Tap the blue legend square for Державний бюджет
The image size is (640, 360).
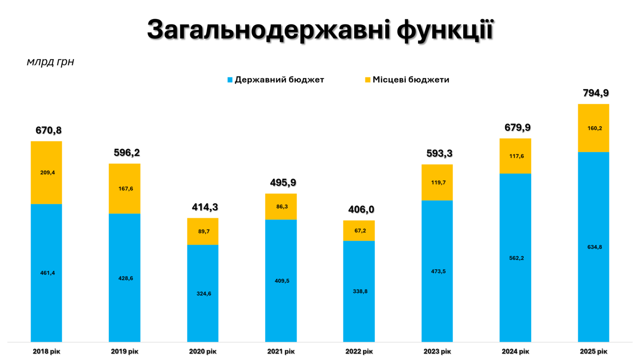pos(230,80)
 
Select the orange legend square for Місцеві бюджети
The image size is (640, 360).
pos(368,80)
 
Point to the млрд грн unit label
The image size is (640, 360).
pos(50,62)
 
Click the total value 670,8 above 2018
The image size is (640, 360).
pos(49,131)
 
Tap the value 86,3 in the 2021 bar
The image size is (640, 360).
pos(281,207)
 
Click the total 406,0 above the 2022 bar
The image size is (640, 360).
pos(361,210)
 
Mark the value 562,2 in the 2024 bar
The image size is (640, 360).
pos(515,258)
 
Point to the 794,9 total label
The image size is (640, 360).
pos(596,94)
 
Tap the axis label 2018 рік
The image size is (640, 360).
pos(46,351)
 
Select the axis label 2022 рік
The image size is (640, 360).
pos(359,351)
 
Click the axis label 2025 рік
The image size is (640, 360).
pos(593,351)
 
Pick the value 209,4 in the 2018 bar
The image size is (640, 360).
pos(47,173)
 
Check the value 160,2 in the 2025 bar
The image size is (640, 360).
pos(594,128)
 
